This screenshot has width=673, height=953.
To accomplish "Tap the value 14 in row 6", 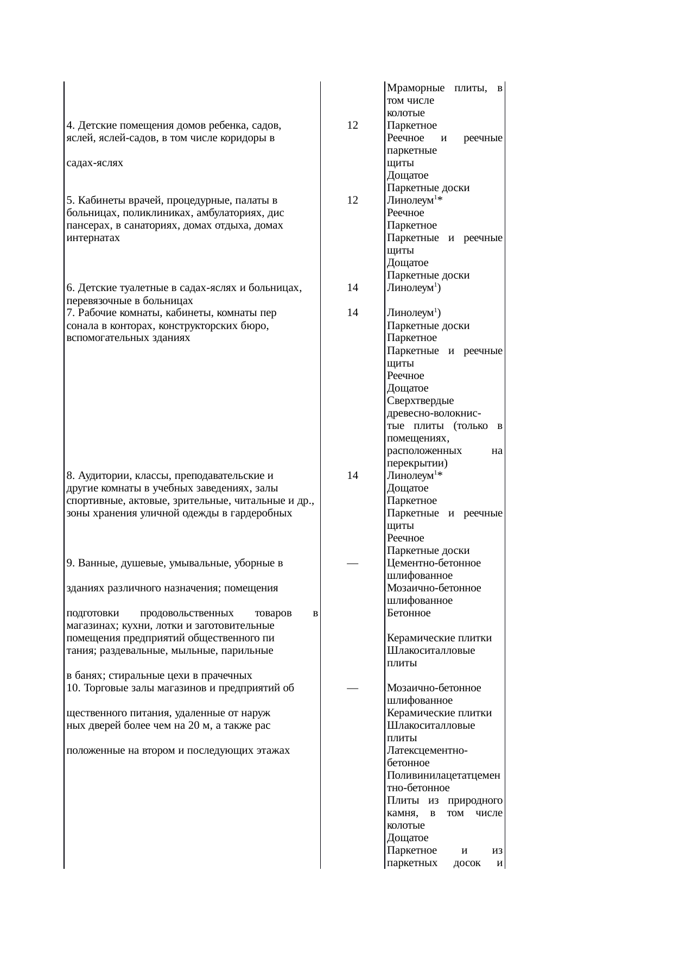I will coord(352,288).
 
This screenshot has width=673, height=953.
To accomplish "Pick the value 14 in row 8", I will coord(352,476).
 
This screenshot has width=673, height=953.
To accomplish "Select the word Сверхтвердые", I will coord(421,401).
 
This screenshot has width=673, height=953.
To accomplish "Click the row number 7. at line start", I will coord(69,313).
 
